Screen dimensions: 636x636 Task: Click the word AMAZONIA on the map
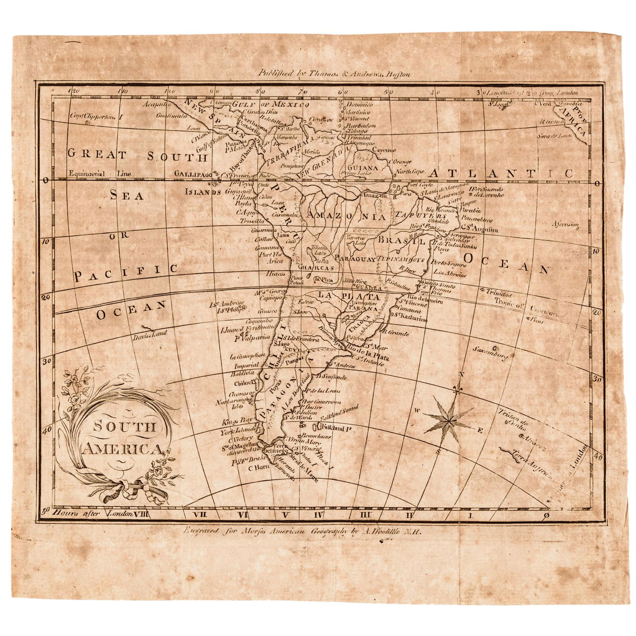346,217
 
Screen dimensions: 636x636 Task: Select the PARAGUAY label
355,259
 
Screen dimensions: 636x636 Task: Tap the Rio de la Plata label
368,353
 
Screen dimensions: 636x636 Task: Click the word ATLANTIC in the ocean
501,174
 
